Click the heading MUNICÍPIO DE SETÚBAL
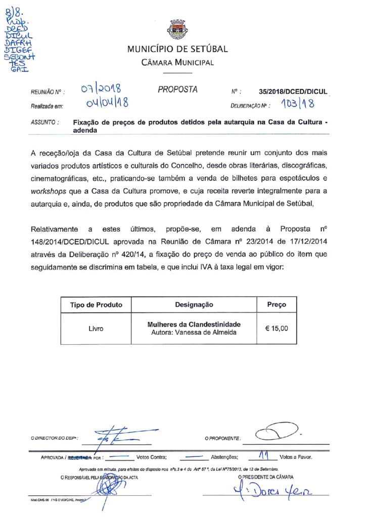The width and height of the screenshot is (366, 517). pos(177,49)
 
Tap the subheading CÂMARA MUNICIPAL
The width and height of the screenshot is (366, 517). pos(177,63)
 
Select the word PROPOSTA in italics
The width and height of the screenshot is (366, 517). pos(177,89)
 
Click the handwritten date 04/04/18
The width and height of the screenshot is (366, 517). pos(107,104)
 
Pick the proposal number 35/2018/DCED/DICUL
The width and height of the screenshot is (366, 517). pos(293,92)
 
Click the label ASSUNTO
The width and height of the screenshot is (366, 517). pos(44,122)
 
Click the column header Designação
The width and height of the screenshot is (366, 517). pos(194,304)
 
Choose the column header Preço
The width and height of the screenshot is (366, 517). pos(277,304)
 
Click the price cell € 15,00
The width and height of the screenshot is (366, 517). pos(277,328)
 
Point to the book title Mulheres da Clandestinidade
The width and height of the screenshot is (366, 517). pos(194,324)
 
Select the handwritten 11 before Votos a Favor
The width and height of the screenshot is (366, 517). pos(263,455)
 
